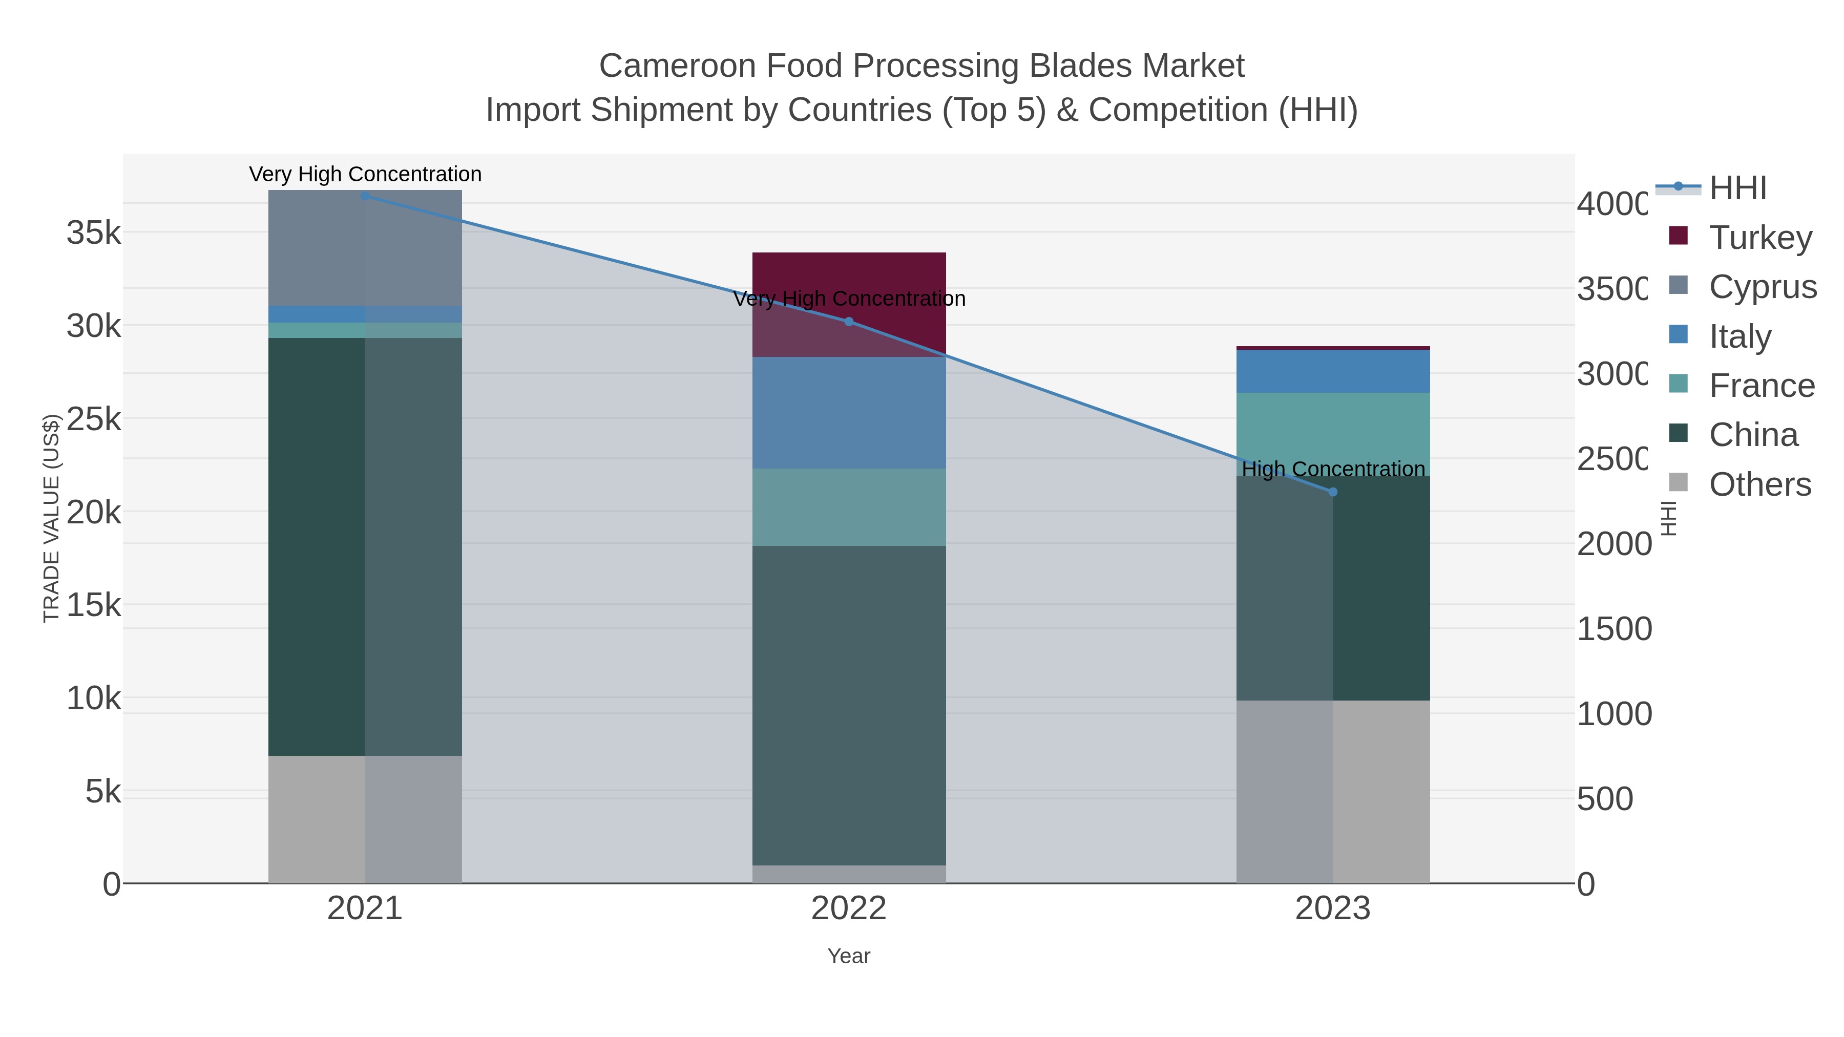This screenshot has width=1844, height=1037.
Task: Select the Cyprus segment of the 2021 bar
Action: click(365, 248)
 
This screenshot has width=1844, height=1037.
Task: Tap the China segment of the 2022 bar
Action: click(849, 705)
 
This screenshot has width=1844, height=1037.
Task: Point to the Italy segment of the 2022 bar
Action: click(849, 413)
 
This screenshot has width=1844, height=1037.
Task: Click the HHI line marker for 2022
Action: click(849, 321)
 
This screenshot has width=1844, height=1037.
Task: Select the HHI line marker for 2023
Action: click(1333, 492)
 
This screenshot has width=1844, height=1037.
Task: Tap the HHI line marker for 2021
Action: click(365, 196)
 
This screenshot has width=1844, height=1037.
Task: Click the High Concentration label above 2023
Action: click(1333, 470)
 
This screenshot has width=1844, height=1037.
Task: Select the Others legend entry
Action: click(1759, 484)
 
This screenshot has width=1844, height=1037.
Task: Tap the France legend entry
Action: click(1762, 386)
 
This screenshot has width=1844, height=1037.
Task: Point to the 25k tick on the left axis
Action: click(94, 419)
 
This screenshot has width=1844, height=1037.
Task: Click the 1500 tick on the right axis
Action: click(1613, 629)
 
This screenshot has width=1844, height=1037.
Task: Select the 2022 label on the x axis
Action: click(849, 908)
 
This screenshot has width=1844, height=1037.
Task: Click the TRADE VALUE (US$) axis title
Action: click(52, 518)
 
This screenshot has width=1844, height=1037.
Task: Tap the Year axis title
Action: click(849, 956)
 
